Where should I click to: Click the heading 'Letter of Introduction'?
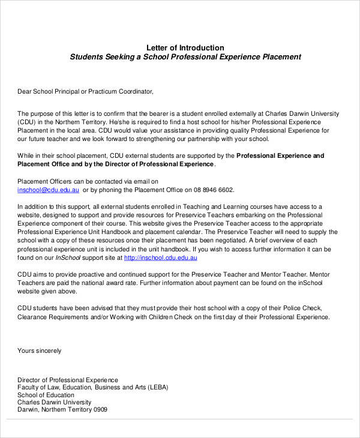click(185, 48)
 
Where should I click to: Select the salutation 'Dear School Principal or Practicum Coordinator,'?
click(86, 92)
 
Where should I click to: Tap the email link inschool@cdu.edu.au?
click(49, 190)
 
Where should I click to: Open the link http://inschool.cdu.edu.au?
click(161, 258)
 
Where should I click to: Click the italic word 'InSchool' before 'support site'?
click(68, 258)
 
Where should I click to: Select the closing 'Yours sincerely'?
click(40, 350)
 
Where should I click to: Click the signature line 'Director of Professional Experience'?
click(68, 380)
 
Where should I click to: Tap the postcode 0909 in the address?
click(100, 410)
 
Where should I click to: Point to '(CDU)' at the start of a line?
click(28, 121)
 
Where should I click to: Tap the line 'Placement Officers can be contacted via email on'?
click(88, 181)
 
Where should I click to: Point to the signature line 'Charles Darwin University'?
click(55, 403)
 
